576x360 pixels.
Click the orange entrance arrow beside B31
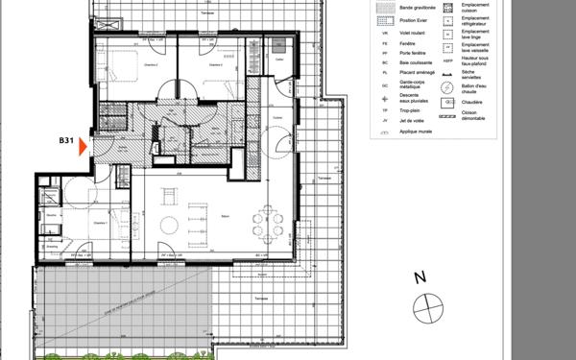coord(84,146)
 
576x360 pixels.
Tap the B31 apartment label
coord(66,141)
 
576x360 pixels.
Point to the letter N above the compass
coord(419,279)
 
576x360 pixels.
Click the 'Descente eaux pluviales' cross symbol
coord(384,98)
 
